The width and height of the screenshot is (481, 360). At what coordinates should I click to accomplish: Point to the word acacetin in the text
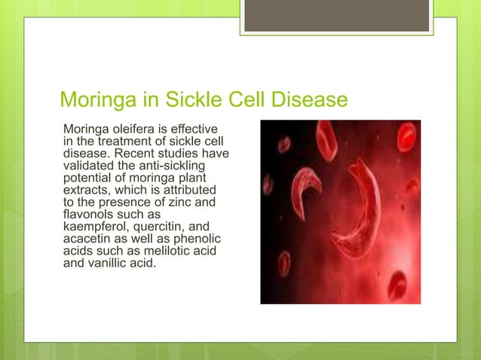88,237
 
